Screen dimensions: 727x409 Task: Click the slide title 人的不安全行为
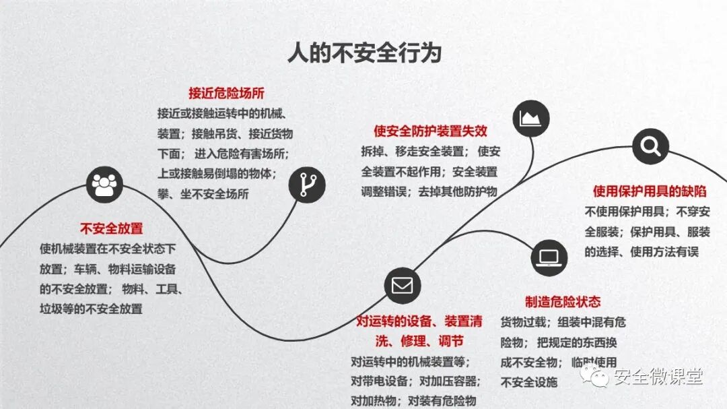click(x=364, y=53)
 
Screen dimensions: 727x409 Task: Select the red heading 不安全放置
click(x=112, y=228)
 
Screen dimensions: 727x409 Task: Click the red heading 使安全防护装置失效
click(x=431, y=131)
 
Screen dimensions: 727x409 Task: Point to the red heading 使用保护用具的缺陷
click(x=650, y=191)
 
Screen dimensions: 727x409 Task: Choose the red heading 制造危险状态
click(x=563, y=301)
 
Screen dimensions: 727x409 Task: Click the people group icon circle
click(x=104, y=183)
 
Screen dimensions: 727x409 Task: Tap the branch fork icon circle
click(x=307, y=183)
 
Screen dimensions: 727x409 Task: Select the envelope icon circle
click(x=402, y=285)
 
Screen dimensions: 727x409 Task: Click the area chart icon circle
click(x=531, y=119)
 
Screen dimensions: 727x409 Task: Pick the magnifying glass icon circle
click(x=650, y=146)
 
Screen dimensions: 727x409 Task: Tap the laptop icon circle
click(x=549, y=257)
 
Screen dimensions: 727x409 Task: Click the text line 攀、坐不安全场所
click(x=203, y=194)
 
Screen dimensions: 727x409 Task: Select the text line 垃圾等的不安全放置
click(x=91, y=309)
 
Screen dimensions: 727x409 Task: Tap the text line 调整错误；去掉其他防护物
click(x=429, y=191)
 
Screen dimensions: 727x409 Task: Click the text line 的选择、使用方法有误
click(x=642, y=251)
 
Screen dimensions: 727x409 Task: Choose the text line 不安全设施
click(x=529, y=382)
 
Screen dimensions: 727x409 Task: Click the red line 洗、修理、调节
click(x=420, y=341)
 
